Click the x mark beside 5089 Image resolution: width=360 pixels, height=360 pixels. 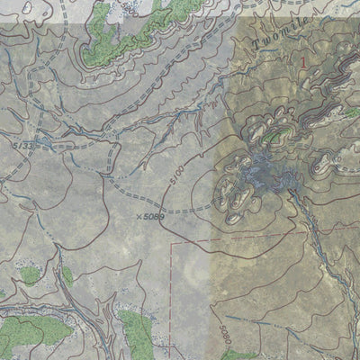(x=139, y=216)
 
